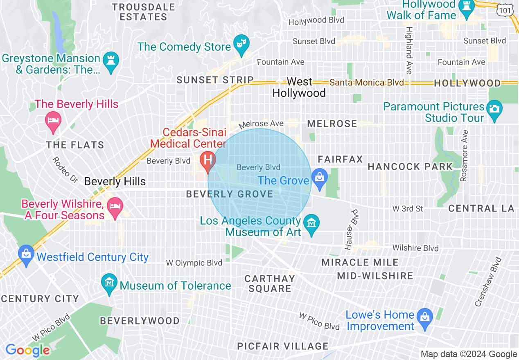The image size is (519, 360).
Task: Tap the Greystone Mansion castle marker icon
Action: pyautogui.click(x=111, y=60)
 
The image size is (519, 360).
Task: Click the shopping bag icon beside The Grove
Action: pyautogui.click(x=319, y=178)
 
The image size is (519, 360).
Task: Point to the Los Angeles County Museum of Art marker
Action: pyautogui.click(x=311, y=223)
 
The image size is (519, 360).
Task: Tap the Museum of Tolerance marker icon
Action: pyautogui.click(x=109, y=282)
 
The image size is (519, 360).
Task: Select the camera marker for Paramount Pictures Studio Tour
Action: pyautogui.click(x=494, y=109)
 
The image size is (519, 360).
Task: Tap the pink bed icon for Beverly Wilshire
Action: pyautogui.click(x=115, y=205)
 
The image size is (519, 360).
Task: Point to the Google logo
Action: pyautogui.click(x=28, y=350)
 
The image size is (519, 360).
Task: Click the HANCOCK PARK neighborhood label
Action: pyautogui.click(x=410, y=166)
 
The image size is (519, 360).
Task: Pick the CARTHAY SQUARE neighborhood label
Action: pyautogui.click(x=270, y=283)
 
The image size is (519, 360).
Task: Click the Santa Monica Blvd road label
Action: pyautogui.click(x=367, y=83)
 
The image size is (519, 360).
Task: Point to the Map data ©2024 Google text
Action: pyautogui.click(x=469, y=354)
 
